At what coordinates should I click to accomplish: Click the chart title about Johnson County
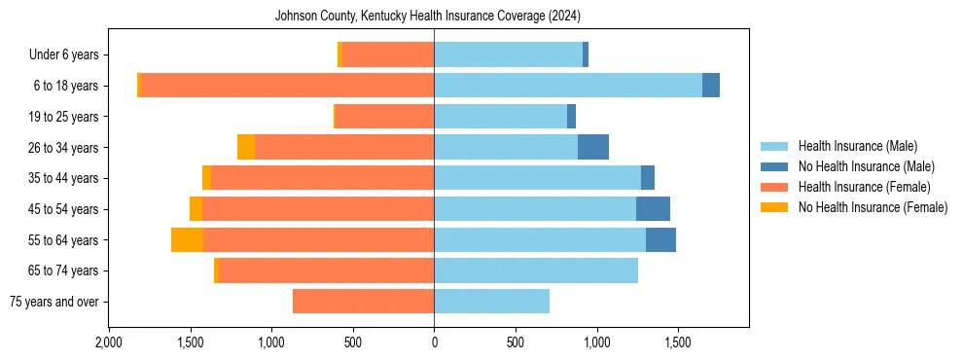(428, 17)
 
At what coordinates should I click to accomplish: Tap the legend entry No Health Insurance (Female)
(873, 207)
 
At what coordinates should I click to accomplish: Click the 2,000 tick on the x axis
(108, 342)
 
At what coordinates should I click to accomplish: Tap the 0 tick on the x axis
(434, 342)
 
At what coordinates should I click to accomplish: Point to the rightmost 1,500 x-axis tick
(678, 342)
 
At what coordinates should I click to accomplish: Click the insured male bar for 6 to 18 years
(568, 86)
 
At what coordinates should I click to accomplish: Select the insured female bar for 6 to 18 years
(288, 86)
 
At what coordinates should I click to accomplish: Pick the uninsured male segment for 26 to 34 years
(593, 147)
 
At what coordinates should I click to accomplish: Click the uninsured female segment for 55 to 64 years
(187, 239)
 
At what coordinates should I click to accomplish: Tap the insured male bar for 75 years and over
(491, 302)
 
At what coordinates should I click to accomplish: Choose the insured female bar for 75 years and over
(363, 302)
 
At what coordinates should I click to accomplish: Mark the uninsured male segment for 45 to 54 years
(653, 209)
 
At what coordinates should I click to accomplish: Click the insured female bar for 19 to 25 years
(384, 117)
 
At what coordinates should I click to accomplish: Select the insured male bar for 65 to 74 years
(536, 270)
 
